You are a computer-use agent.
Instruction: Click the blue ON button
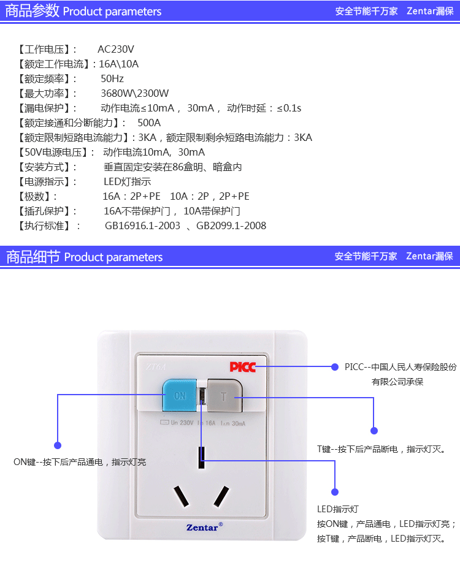point(179,396)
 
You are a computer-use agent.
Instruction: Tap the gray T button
point(223,396)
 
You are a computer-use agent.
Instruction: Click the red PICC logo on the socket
point(243,367)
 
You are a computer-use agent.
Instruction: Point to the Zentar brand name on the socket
point(202,527)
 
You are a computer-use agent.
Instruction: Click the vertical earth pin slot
point(202,458)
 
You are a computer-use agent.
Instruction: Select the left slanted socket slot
point(181,497)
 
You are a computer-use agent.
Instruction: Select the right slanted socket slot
point(221,497)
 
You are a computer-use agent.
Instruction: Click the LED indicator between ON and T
point(202,396)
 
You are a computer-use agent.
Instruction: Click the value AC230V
point(116,49)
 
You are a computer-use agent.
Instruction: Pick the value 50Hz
point(112,78)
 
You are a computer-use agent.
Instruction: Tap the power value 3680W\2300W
point(134,93)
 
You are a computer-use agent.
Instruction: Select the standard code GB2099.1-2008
point(231,225)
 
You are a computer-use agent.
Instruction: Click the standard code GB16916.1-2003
point(142,225)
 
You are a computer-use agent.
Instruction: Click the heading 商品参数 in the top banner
point(32,10)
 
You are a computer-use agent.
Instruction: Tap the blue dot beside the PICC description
point(335,367)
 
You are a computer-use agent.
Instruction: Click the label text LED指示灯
point(337,509)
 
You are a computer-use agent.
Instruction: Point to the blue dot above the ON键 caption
point(58,445)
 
